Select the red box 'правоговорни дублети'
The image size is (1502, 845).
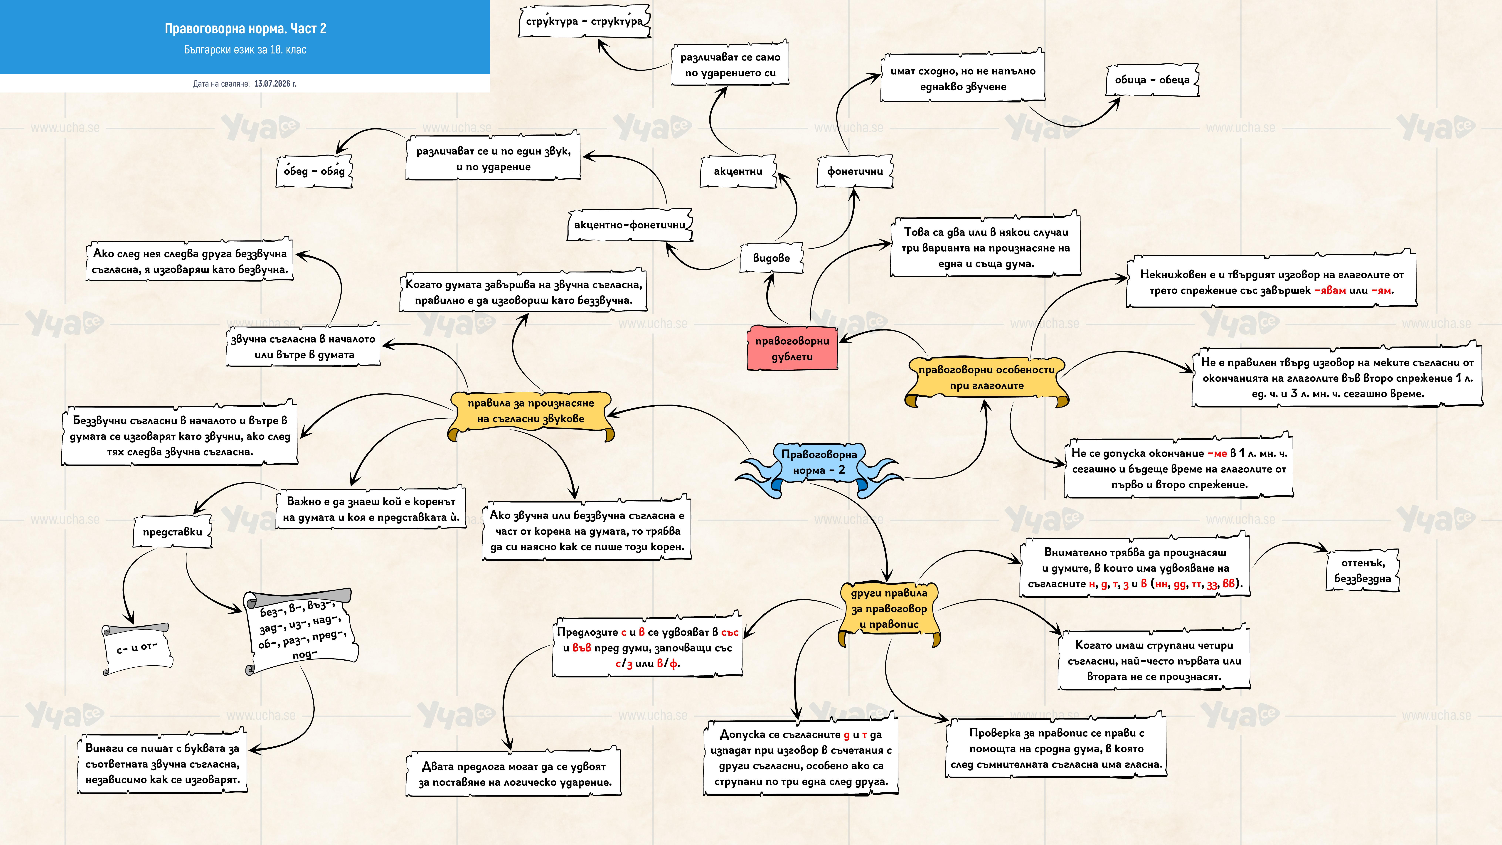pos(792,348)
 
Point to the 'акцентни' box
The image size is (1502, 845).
pos(738,171)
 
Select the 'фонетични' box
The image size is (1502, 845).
pos(855,171)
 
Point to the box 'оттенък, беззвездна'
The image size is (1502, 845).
pos(1363,570)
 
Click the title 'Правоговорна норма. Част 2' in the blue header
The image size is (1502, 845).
pos(245,28)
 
